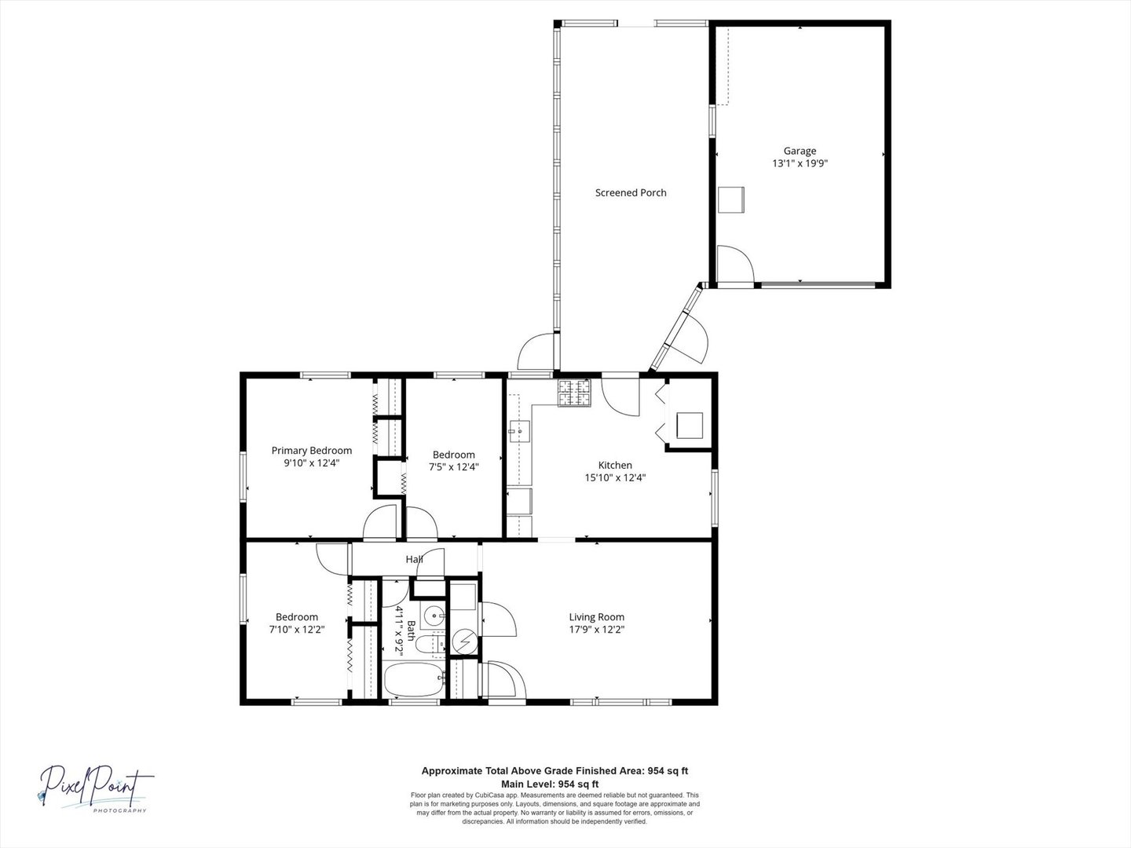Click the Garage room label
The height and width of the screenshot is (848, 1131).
click(x=800, y=151)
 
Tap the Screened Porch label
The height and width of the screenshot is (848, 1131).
click(x=631, y=192)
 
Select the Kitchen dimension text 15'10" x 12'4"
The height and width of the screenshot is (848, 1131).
click(x=615, y=477)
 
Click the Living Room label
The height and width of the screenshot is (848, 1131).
click(x=597, y=617)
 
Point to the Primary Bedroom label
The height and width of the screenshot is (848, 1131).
click(x=312, y=451)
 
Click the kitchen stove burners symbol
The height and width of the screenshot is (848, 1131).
click(x=573, y=393)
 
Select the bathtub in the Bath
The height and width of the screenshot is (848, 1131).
click(x=414, y=680)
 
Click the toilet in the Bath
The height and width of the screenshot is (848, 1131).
click(x=430, y=644)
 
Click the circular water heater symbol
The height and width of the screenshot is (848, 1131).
click(x=465, y=641)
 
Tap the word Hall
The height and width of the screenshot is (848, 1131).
click(x=414, y=559)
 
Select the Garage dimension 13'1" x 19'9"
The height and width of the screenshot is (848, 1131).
click(x=800, y=163)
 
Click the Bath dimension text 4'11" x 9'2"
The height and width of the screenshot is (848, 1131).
click(x=398, y=629)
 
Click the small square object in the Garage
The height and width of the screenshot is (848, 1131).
click(x=731, y=199)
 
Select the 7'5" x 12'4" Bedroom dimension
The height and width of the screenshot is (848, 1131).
click(x=454, y=467)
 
